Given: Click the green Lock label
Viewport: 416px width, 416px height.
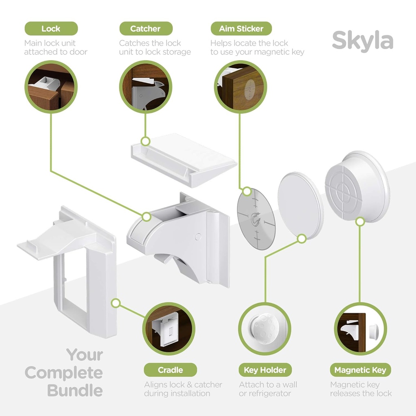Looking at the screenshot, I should tap(51, 29).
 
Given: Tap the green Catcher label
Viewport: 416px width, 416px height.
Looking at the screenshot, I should tap(145, 29).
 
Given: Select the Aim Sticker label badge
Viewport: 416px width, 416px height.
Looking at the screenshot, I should tap(241, 29).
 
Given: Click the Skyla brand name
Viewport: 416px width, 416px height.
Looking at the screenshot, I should tap(362, 41).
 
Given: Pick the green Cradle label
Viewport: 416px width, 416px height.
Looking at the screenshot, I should tap(170, 370).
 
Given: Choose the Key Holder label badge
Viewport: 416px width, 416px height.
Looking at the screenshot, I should tap(265, 370).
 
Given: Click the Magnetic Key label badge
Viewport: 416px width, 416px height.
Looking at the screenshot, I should tap(360, 370).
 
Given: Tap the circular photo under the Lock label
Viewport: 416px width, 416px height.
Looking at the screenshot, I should tap(51, 87).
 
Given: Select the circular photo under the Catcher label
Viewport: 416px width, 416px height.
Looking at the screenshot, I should tap(145, 87).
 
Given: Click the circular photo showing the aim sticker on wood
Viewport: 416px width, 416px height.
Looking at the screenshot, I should tap(240, 87).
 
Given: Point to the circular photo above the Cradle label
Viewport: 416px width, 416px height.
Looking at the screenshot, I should tap(169, 329).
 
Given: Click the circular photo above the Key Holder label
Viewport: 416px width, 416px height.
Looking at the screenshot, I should tap(265, 329).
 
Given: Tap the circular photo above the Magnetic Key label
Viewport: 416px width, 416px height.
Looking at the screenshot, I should tap(360, 329).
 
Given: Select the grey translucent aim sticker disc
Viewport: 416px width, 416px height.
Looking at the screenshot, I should tap(256, 219).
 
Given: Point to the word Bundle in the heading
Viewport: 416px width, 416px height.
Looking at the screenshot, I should tap(75, 390).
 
